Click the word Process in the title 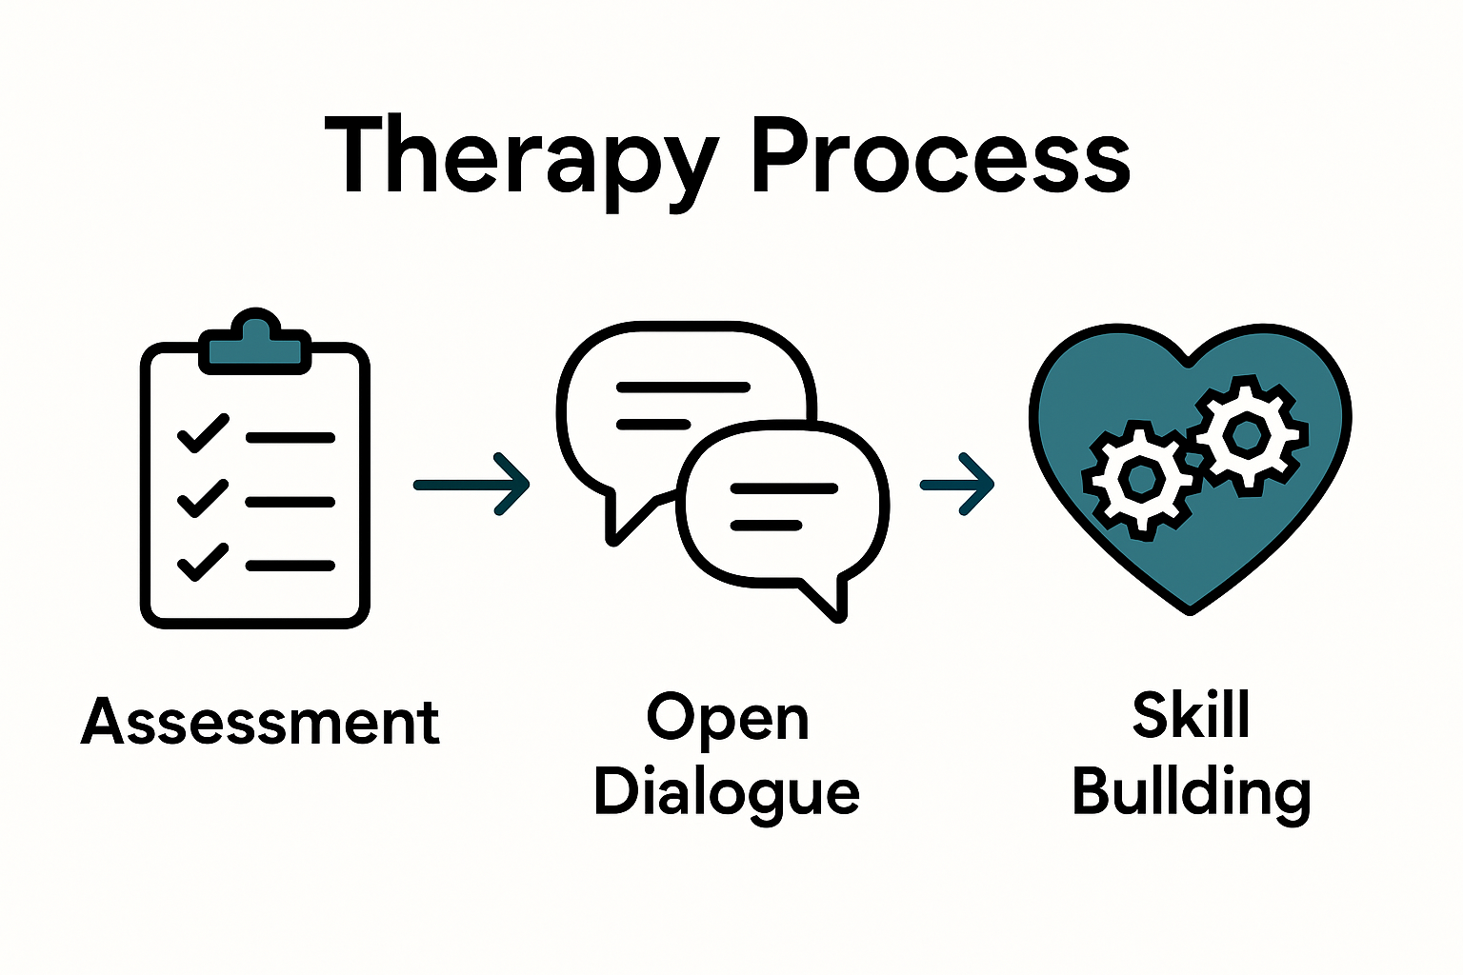940,157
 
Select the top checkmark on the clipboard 203,433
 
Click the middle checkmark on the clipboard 203,498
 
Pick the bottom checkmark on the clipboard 203,562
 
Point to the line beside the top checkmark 291,438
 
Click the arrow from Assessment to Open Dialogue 472,485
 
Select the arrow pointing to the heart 957,485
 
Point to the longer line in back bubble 683,388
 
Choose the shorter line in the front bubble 766,525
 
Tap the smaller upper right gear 1246,435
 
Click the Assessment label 260,722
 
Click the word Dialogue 727,792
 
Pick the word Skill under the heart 1191,715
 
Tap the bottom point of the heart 1190,607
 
